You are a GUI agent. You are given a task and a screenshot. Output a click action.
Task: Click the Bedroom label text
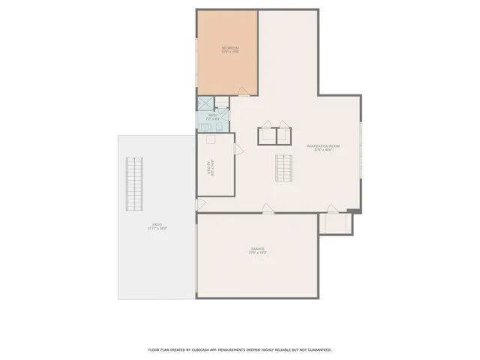[x=229, y=50]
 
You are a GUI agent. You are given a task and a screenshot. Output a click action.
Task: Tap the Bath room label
[x=213, y=117]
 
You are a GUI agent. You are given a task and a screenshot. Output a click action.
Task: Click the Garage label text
[x=257, y=251]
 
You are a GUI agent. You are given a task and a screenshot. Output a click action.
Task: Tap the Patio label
[x=157, y=226]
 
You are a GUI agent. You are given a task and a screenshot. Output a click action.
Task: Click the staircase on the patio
[x=135, y=184]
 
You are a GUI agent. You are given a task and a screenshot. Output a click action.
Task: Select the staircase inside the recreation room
[x=283, y=168]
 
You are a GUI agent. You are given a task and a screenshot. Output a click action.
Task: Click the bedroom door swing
[x=244, y=91]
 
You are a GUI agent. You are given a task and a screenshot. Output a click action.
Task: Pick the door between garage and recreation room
[x=266, y=210]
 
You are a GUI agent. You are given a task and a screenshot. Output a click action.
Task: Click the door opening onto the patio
[x=200, y=204]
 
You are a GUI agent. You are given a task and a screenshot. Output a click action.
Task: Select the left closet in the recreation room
[x=266, y=135]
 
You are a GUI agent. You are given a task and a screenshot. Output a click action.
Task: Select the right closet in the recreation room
[x=285, y=135]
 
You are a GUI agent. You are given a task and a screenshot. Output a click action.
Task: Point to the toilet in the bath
[x=223, y=103]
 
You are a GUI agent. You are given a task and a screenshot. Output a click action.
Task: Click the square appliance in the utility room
[x=211, y=139]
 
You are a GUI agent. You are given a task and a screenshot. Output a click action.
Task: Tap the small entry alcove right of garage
[x=334, y=223]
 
